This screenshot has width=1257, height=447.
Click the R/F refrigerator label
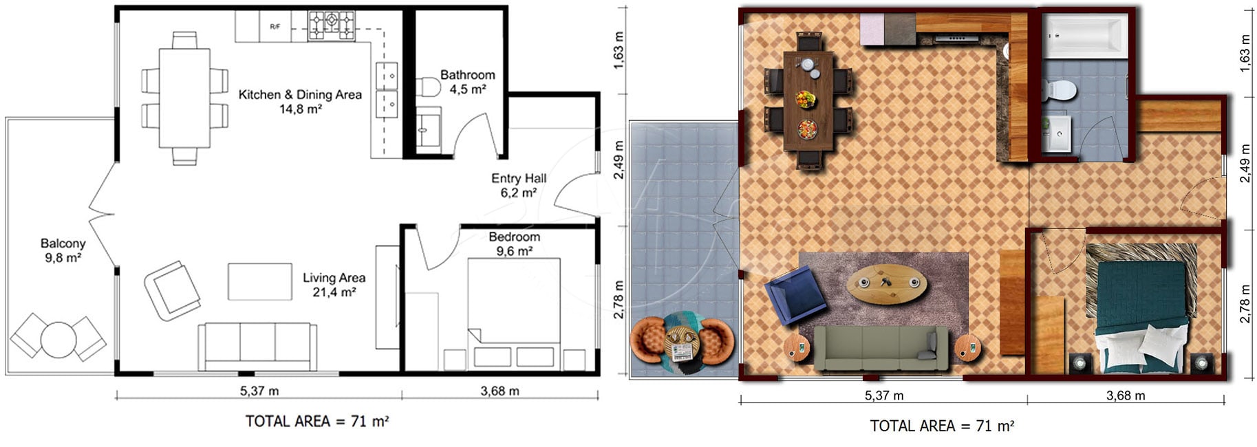click(x=275, y=27)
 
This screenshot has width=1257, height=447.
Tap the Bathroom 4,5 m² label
click(x=468, y=82)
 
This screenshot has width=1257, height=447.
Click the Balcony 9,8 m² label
click(x=63, y=250)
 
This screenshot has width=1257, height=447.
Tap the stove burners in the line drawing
click(x=331, y=25)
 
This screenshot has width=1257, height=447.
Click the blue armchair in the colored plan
click(x=795, y=296)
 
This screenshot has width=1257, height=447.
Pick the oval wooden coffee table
click(x=886, y=283)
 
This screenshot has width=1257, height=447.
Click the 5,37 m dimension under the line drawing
click(x=259, y=391)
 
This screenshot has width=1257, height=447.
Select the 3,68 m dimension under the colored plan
click(x=1126, y=395)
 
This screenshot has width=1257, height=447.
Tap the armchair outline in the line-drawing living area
click(x=173, y=290)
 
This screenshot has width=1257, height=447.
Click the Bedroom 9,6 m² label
click(x=514, y=243)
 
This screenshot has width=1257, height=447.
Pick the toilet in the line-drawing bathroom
click(x=428, y=87)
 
